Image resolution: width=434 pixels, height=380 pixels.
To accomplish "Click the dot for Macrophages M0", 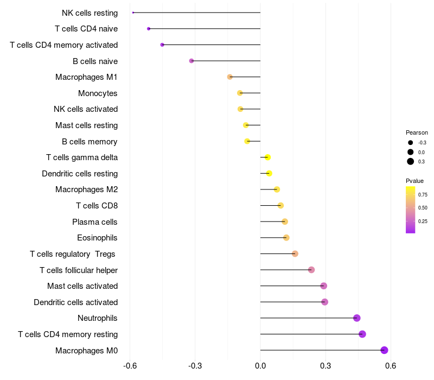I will [x=385, y=350].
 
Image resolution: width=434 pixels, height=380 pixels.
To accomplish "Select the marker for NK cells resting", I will [x=133, y=12].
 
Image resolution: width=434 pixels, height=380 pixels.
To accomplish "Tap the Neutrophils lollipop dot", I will [x=356, y=318].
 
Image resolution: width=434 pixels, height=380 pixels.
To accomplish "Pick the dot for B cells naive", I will [x=192, y=61].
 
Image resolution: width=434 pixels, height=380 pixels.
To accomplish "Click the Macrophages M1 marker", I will [x=230, y=77].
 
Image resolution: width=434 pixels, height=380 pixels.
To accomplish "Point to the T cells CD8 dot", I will [x=280, y=205].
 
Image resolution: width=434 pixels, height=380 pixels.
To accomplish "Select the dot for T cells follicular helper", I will [x=311, y=270].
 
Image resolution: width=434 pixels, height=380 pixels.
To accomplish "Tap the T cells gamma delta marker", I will [x=267, y=157].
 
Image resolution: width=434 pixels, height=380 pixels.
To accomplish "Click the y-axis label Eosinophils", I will [x=98, y=238].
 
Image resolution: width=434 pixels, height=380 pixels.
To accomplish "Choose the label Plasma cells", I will [x=95, y=221].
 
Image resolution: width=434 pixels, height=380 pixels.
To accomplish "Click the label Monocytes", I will [x=98, y=93].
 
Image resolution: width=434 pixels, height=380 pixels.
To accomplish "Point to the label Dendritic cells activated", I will [x=76, y=302].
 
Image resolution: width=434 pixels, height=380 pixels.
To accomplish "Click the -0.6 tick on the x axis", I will [x=130, y=365].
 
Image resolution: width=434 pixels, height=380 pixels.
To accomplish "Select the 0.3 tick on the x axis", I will [x=325, y=365].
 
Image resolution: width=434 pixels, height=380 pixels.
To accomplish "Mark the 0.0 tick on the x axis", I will [x=260, y=365].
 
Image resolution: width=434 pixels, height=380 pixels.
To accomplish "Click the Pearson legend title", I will [x=417, y=132].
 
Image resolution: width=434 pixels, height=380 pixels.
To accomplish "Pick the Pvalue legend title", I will [x=415, y=181].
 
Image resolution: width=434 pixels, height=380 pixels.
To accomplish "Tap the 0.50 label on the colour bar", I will [x=423, y=207].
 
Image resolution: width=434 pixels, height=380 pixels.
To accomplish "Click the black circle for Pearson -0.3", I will [x=411, y=143].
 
